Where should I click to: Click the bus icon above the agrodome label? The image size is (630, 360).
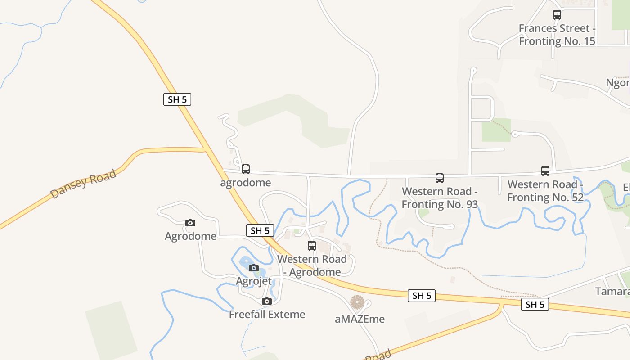pyautogui.click(x=245, y=169)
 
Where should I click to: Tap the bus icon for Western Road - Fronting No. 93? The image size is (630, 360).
pyautogui.click(x=440, y=178)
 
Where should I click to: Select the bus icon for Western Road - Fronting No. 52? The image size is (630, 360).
pyautogui.click(x=545, y=171)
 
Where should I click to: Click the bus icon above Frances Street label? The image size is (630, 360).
pyautogui.click(x=557, y=15)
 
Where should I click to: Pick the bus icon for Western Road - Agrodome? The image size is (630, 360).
pyautogui.click(x=312, y=246)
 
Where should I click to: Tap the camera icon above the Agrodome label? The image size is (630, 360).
pyautogui.click(x=190, y=223)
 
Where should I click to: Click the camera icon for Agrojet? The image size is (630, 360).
pyautogui.click(x=254, y=268)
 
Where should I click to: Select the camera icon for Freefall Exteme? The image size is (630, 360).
pyautogui.click(x=267, y=301)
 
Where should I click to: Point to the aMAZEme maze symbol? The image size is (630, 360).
pyautogui.click(x=357, y=302)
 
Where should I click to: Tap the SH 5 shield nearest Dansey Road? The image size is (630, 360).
pyautogui.click(x=177, y=99)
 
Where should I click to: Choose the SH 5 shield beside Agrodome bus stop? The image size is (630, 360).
pyautogui.click(x=260, y=230)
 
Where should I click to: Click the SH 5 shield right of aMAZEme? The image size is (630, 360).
pyautogui.click(x=422, y=296)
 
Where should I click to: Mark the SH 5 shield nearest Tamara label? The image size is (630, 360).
pyautogui.click(x=535, y=305)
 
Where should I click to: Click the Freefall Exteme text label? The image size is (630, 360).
pyautogui.click(x=267, y=314)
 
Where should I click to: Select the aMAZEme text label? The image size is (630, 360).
pyautogui.click(x=360, y=319)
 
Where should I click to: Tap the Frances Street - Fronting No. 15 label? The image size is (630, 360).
pyautogui.click(x=557, y=35)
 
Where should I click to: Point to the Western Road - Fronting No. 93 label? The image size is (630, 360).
pyautogui.click(x=440, y=198)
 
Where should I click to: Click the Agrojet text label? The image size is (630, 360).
pyautogui.click(x=254, y=281)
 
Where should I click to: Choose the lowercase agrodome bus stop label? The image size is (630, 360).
pyautogui.click(x=245, y=183)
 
